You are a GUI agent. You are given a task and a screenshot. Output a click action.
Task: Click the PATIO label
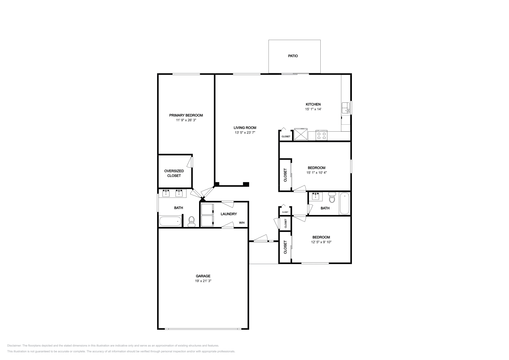pyautogui.click(x=293, y=56)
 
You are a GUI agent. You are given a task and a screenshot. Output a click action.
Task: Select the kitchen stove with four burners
pyautogui.click(x=322, y=136)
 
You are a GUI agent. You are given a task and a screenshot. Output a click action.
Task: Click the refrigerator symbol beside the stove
pyautogui.click(x=301, y=134)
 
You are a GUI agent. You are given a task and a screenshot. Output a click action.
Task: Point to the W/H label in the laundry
pyautogui.click(x=242, y=223)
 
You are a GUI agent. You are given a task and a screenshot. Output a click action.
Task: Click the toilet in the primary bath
pyautogui.click(x=192, y=221)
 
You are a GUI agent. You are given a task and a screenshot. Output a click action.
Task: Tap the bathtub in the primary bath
pyautogui.click(x=170, y=221)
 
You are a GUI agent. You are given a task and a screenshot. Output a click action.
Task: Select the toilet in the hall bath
pyautogui.click(x=332, y=198)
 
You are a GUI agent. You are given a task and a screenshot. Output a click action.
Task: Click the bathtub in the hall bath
pyautogui.click(x=345, y=204)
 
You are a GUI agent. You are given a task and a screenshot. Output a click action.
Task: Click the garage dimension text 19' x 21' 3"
pyautogui.click(x=203, y=281)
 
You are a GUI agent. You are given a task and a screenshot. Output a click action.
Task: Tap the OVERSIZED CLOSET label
pyautogui.click(x=174, y=173)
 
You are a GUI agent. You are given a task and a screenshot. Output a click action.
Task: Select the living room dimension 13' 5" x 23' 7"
pyautogui.click(x=245, y=133)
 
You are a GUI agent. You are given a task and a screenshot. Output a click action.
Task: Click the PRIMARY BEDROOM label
pyautogui.click(x=186, y=115)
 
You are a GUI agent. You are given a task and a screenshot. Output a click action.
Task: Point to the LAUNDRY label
pyautogui.click(x=229, y=214)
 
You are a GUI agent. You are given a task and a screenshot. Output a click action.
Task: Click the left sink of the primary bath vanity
pyautogui.click(x=166, y=193)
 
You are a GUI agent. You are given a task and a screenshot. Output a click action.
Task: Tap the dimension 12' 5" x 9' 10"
pyautogui.click(x=321, y=242)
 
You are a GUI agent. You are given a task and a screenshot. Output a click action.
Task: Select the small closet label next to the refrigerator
pyautogui.click(x=286, y=136)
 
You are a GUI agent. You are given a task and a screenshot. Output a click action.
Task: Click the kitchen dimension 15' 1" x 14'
pyautogui.click(x=313, y=109)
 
